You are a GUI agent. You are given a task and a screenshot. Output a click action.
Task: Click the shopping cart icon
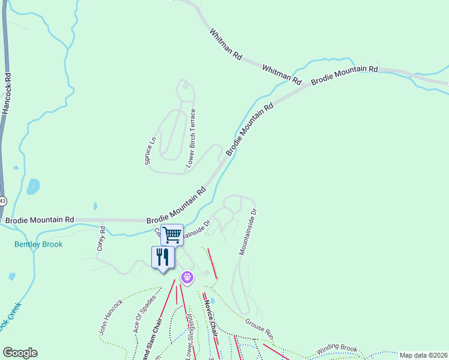[172, 234]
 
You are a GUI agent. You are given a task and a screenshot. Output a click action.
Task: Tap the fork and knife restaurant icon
[162, 257]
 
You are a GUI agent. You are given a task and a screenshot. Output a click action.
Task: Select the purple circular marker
[187, 277]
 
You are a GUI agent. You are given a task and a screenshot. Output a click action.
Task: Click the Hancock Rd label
[7, 94]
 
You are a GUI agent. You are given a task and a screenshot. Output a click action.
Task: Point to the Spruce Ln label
[150, 153]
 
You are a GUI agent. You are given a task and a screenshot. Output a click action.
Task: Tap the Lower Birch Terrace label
[191, 138]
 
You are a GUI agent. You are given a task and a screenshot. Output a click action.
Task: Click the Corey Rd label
[101, 238]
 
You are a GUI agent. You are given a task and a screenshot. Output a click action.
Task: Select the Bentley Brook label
[38, 244]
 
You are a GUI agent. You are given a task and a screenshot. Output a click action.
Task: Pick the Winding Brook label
[337, 348]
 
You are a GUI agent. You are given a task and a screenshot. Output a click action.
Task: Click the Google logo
[20, 353]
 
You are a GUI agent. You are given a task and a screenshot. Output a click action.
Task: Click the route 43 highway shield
[2, 200]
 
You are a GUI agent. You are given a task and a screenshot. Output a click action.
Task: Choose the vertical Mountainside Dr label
[247, 232]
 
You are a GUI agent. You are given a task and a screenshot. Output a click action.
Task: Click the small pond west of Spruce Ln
[34, 187]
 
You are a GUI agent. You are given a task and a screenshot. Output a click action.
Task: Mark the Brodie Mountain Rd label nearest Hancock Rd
[40, 220]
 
